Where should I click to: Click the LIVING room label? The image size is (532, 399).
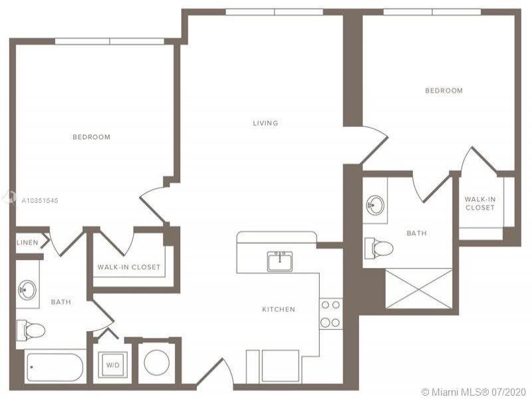pos(265,123)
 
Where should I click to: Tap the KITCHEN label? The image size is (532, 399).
pos(279,309)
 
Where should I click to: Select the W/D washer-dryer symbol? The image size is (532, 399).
pos(113,364)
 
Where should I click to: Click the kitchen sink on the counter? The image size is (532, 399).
pos(279,261)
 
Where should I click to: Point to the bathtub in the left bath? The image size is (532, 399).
pos(55,368)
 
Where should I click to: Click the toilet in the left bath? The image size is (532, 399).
pos(31,330)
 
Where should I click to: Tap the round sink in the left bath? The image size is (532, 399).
pos(27,290)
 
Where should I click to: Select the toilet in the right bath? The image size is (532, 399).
pos(379,248)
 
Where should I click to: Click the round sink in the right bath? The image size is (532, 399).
pos(375,205)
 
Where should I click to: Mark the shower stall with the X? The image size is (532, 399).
pos(419,289)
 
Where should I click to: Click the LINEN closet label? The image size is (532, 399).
pos(27,243)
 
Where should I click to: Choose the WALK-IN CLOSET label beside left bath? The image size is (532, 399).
pos(129,267)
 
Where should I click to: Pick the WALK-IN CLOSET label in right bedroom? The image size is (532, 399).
pos(479,203)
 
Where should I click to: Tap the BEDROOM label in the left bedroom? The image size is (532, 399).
pos(92,137)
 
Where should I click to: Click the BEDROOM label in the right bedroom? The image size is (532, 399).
pos(444,90)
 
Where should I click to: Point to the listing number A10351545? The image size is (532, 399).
pos(40,201)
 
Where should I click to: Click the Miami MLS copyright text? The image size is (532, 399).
pos(473,392)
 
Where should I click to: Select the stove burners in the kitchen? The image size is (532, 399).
pos(331,313)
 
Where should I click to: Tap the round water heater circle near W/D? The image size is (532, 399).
pos(156,362)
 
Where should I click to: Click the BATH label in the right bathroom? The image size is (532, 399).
pos(417,233)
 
